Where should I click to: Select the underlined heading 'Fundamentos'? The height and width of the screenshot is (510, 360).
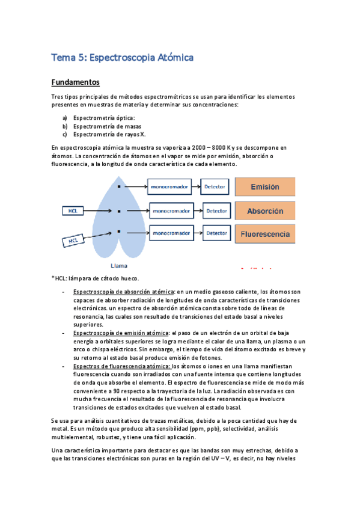pos(75,82)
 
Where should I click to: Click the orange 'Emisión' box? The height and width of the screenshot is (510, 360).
pos(265,187)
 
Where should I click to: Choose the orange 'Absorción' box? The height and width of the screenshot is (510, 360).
pos(265,211)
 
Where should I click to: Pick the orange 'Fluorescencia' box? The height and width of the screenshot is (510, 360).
pos(265,233)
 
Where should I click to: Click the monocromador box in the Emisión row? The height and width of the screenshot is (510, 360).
pos(169,187)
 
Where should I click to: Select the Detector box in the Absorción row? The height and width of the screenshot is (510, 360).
pos(217,211)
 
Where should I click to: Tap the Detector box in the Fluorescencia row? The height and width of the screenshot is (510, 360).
pos(217,233)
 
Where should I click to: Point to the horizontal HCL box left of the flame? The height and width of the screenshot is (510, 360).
pos(73,211)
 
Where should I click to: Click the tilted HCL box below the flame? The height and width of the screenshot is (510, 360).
pos(74,241)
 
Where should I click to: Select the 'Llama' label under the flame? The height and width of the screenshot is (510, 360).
pos(119,265)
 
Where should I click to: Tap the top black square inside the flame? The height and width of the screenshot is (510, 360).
pos(119,187)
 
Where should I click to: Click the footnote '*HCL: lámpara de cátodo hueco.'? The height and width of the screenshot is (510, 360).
pos(96,278)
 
